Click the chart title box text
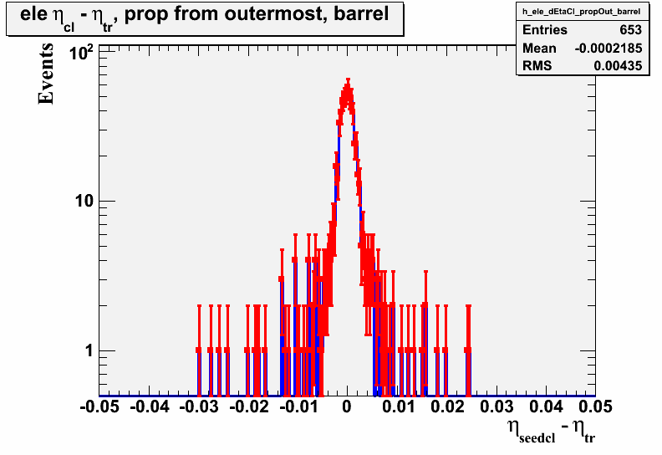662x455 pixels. pyautogui.click(x=204, y=16)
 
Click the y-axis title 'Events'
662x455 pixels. pyautogui.click(x=46, y=74)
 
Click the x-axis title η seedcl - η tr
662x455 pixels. pyautogui.click(x=551, y=430)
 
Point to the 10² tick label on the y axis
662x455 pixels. pyautogui.click(x=81, y=54)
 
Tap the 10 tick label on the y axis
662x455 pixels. pyautogui.click(x=84, y=201)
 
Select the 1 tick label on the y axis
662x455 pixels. pyautogui.click(x=89, y=350)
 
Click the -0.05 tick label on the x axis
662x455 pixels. pyautogui.click(x=99, y=406)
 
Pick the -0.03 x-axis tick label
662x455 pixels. pyautogui.click(x=199, y=406)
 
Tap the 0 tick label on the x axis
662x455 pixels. pyautogui.click(x=347, y=406)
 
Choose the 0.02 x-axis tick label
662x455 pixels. pyautogui.click(x=447, y=406)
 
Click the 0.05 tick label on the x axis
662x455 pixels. pyautogui.click(x=595, y=406)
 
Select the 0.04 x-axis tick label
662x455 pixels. pyautogui.click(x=547, y=406)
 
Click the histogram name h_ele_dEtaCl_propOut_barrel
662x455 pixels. pyautogui.click(x=582, y=12)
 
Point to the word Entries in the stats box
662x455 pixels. pyautogui.click(x=545, y=29)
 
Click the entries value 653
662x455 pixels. pyautogui.click(x=631, y=29)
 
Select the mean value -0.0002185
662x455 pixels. pyautogui.click(x=609, y=49)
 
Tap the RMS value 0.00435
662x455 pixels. pyautogui.click(x=618, y=66)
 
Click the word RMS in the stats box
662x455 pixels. pyautogui.click(x=537, y=66)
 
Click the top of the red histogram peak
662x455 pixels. pyautogui.click(x=348, y=79)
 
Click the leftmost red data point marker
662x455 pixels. pyautogui.click(x=199, y=350)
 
